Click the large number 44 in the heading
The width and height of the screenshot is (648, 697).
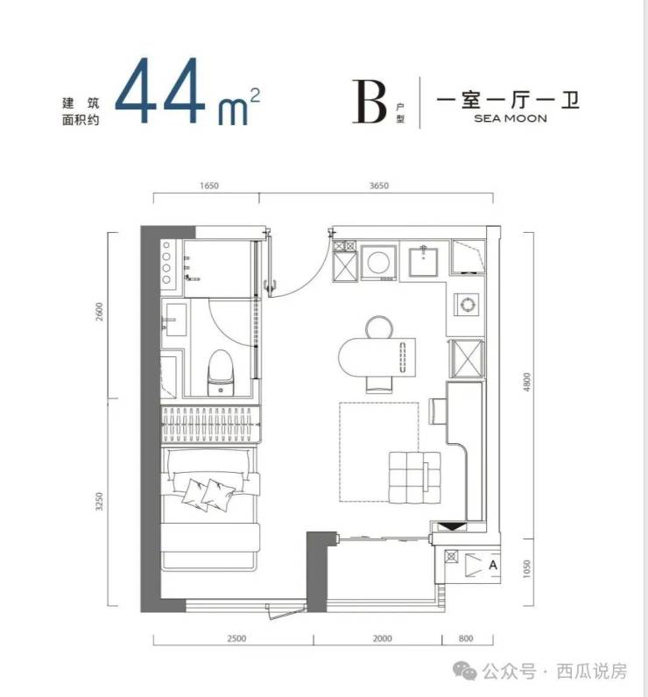pyautogui.click(x=160, y=91)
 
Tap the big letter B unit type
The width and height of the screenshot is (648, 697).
pyautogui.click(x=369, y=101)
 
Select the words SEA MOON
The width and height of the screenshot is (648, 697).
pyautogui.click(x=511, y=118)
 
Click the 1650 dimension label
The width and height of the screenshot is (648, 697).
pyautogui.click(x=209, y=186)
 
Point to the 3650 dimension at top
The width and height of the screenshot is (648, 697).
pyautogui.click(x=378, y=186)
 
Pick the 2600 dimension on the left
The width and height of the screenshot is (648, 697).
pyautogui.click(x=99, y=311)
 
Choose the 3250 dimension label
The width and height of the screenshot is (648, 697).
pyautogui.click(x=99, y=501)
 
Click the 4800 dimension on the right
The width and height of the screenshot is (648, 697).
pyautogui.click(x=526, y=382)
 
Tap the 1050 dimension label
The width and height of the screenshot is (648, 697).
pyautogui.click(x=526, y=568)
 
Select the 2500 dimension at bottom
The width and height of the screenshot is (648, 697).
pyautogui.click(x=236, y=638)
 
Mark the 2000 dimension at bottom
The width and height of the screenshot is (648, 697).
pyautogui.click(x=382, y=638)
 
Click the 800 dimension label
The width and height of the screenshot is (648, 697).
pyautogui.click(x=466, y=638)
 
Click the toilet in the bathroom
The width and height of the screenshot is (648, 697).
pyautogui.click(x=221, y=372)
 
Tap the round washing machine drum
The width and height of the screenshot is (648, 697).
pyautogui.click(x=378, y=262)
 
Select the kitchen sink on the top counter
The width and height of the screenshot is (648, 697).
pyautogui.click(x=423, y=262)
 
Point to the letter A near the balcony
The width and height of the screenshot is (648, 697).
pyautogui.click(x=493, y=565)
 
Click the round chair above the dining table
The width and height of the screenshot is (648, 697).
pyautogui.click(x=379, y=327)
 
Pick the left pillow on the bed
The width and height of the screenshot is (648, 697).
pyautogui.click(x=195, y=493)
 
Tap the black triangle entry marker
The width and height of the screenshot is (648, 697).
pyautogui.click(x=453, y=527)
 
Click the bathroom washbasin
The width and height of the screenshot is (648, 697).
pyautogui.click(x=174, y=320)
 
